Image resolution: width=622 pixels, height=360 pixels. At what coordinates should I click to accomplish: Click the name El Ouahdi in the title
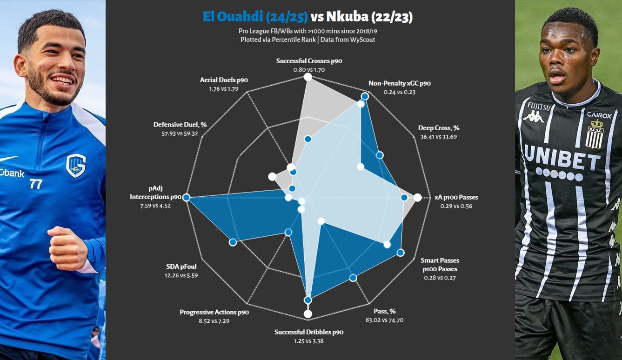(x=233, y=17)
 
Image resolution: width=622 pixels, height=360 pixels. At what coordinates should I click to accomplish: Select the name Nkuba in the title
(x=347, y=17)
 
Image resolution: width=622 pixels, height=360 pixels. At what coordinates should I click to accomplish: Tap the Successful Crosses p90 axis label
(x=309, y=61)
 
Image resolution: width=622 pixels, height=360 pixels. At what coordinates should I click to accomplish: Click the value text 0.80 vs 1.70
(x=309, y=70)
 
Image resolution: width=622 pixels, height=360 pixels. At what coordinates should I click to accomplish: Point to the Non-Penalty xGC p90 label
(x=400, y=83)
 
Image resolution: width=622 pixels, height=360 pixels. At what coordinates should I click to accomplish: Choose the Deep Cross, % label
(x=439, y=128)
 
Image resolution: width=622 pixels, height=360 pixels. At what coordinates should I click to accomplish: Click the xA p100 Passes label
(x=456, y=197)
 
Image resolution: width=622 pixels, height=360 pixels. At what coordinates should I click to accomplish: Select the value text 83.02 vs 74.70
(x=385, y=320)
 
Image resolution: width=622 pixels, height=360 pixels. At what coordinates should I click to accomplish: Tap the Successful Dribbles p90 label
(x=309, y=332)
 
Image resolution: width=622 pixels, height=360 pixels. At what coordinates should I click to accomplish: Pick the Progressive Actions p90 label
(x=214, y=312)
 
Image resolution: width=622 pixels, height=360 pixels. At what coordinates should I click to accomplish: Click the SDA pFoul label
(x=181, y=267)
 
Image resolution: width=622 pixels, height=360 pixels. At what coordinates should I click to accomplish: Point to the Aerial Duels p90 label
(x=224, y=80)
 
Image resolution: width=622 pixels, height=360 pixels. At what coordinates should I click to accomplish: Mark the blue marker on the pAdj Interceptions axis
(x=187, y=197)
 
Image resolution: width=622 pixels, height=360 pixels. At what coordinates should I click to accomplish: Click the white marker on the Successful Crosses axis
(x=308, y=77)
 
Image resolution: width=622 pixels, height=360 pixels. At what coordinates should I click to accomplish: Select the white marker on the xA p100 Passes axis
(x=417, y=197)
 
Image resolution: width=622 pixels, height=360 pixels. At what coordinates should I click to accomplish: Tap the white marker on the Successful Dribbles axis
(x=308, y=314)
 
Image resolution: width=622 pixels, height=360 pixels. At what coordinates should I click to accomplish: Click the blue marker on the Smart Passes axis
(x=401, y=252)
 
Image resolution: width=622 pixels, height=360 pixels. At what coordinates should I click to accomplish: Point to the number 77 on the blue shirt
(x=36, y=184)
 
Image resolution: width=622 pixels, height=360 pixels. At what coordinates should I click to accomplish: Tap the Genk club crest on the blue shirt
(x=75, y=166)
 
